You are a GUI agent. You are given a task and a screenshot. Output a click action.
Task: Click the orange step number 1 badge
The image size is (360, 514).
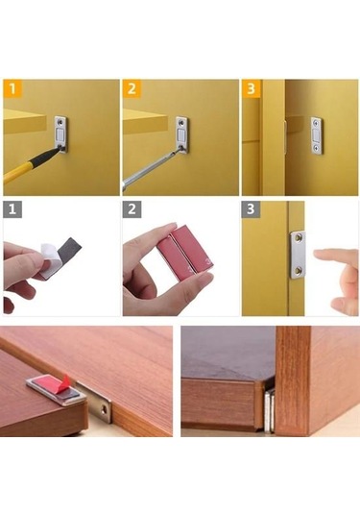point(12,88)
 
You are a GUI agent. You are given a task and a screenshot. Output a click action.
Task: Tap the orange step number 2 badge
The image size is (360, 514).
point(132,88)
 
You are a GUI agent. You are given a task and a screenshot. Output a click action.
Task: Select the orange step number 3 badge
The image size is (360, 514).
point(251,88)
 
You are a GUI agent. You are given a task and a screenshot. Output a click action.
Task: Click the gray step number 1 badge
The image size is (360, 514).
point(12,209)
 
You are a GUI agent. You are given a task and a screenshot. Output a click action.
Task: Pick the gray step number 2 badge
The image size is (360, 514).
point(132,209)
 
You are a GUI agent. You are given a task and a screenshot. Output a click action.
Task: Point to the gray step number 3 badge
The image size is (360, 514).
point(251,209)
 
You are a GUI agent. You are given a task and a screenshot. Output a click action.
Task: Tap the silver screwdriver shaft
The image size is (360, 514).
point(151,169)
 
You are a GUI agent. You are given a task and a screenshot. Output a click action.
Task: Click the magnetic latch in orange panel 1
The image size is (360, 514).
point(60,134)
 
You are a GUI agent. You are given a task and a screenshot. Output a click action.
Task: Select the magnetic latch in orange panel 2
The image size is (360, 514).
point(181,135)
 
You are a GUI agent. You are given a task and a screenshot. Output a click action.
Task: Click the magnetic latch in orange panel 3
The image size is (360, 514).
point(316,135)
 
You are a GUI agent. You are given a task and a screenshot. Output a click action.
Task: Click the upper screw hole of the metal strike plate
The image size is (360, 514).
point(299,237)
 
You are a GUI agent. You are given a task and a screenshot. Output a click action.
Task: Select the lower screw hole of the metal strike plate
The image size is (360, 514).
point(298,271)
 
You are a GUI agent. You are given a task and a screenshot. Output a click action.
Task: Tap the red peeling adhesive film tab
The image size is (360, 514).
point(66,380)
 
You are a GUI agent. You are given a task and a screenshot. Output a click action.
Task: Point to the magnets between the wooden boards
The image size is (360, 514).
point(269,409)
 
